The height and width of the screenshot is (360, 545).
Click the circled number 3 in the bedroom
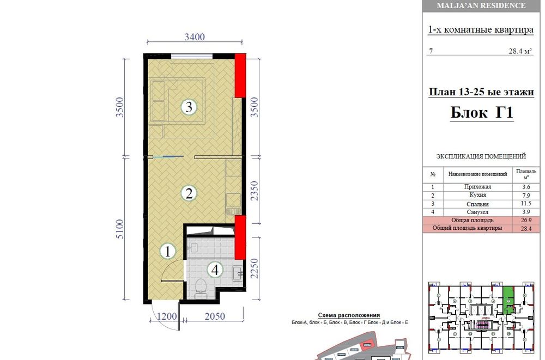[189, 107]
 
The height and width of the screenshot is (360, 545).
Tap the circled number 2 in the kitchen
[189, 193]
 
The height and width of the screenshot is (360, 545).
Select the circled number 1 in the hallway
[168, 251]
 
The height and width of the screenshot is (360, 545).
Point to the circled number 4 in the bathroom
[215, 270]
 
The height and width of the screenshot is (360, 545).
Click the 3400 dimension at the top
[195, 37]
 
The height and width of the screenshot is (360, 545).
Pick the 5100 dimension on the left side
[119, 229]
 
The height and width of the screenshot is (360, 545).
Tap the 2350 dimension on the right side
[255, 191]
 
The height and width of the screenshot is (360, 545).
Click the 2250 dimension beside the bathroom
[255, 268]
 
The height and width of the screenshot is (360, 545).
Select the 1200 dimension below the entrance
[167, 316]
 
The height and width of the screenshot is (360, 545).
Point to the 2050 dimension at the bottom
[215, 316]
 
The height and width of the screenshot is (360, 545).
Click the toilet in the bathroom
[201, 289]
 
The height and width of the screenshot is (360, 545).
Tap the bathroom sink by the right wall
[238, 273]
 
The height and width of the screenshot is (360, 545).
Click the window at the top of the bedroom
[191, 56]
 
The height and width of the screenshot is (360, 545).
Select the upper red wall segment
[240, 75]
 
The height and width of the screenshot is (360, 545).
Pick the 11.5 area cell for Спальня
[526, 204]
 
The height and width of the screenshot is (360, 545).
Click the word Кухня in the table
[477, 195]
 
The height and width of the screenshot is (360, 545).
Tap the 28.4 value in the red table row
[526, 229]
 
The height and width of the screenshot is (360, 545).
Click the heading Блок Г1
[482, 112]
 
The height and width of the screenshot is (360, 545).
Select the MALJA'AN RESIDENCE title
[481, 5]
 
